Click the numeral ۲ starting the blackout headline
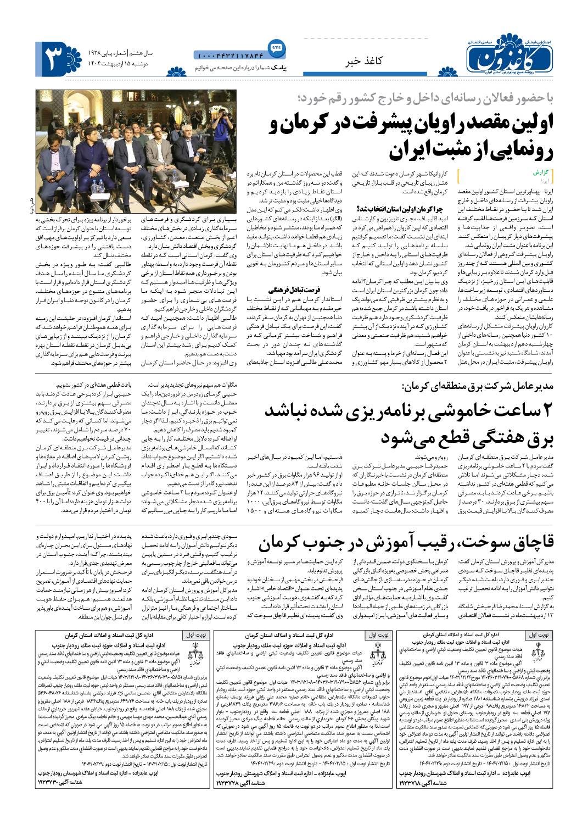tap(550, 411)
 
